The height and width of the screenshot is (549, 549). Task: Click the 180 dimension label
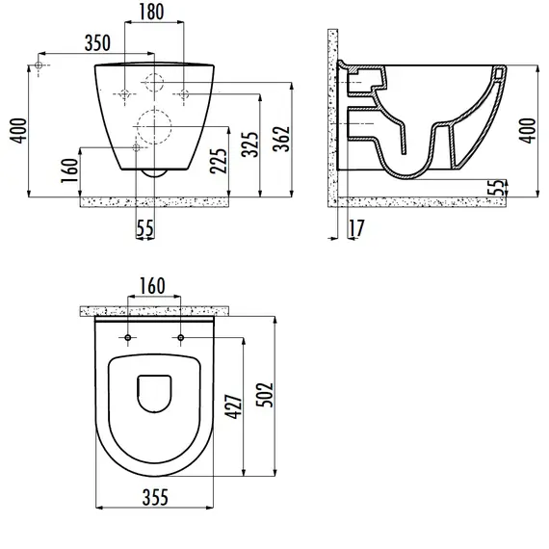click(x=151, y=12)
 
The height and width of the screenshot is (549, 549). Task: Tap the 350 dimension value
click(x=97, y=42)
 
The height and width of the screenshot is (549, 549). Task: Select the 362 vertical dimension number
click(x=282, y=139)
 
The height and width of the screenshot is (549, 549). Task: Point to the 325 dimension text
click(x=250, y=144)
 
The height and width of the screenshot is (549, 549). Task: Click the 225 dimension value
click(x=219, y=161)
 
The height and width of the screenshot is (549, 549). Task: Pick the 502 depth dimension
click(x=265, y=395)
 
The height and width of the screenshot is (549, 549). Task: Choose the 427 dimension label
click(x=233, y=406)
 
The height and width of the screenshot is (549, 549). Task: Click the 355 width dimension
click(x=155, y=497)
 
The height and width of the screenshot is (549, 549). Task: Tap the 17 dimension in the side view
click(x=356, y=228)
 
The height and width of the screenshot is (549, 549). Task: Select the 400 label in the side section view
click(x=528, y=131)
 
